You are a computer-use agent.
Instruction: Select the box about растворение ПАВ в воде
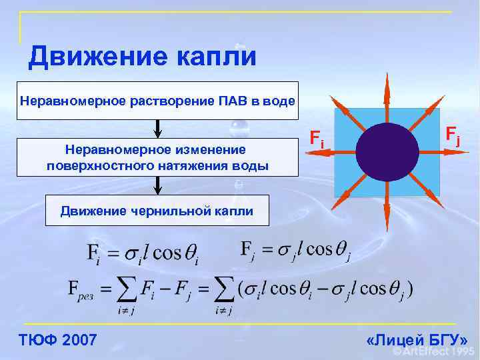[x=157, y=101]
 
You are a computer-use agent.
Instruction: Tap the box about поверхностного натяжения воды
[x=157, y=157]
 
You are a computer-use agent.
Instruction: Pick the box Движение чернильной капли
[x=157, y=211]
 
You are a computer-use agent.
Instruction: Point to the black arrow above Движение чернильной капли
[x=158, y=185]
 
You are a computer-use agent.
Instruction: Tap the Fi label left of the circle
[x=318, y=139]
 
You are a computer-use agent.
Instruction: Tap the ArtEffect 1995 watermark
[x=434, y=351]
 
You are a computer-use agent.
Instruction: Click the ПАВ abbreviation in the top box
[x=233, y=101]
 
